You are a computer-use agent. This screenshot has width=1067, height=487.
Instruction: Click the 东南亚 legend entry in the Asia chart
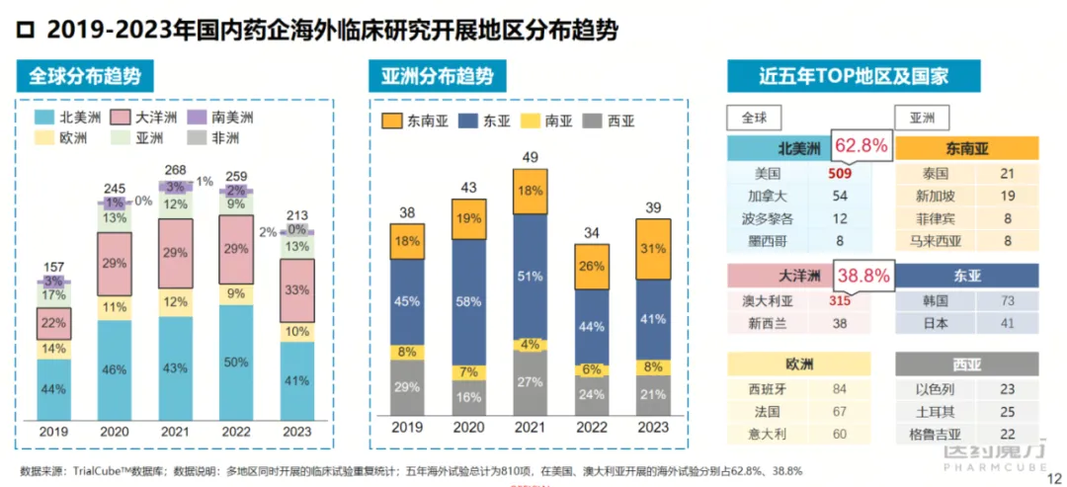click(x=414, y=122)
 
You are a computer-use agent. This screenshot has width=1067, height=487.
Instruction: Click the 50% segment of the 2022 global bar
click(x=236, y=362)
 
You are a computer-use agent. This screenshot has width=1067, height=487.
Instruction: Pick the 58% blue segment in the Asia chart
click(x=469, y=300)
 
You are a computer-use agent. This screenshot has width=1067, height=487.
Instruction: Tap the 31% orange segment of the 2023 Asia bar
click(x=654, y=247)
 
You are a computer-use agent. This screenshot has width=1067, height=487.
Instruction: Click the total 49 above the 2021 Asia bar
click(x=530, y=158)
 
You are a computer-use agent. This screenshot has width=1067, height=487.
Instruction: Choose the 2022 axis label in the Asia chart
click(x=591, y=428)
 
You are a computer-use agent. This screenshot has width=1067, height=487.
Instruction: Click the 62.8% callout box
click(x=862, y=147)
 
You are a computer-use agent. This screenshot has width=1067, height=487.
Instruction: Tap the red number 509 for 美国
click(x=854, y=173)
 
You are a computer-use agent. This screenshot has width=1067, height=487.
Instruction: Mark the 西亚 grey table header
click(x=967, y=364)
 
